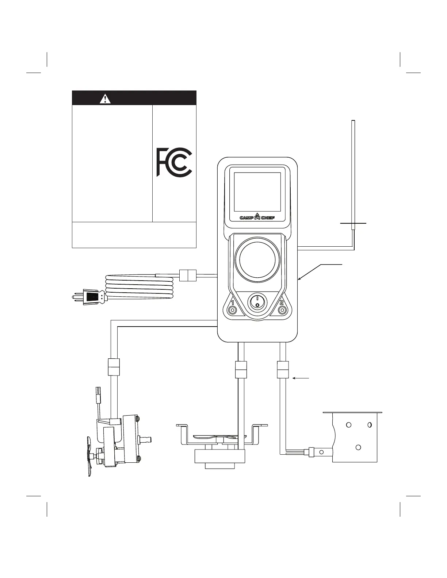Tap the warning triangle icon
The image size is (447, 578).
(105, 98)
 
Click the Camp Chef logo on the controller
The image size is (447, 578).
(257, 217)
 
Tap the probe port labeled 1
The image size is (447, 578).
(232, 310)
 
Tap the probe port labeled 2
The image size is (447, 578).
(282, 310)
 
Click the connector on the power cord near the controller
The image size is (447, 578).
(188, 275)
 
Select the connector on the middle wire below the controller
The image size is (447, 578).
(241, 370)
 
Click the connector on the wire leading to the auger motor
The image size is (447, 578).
(114, 367)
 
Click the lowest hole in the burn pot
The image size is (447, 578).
(358, 447)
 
